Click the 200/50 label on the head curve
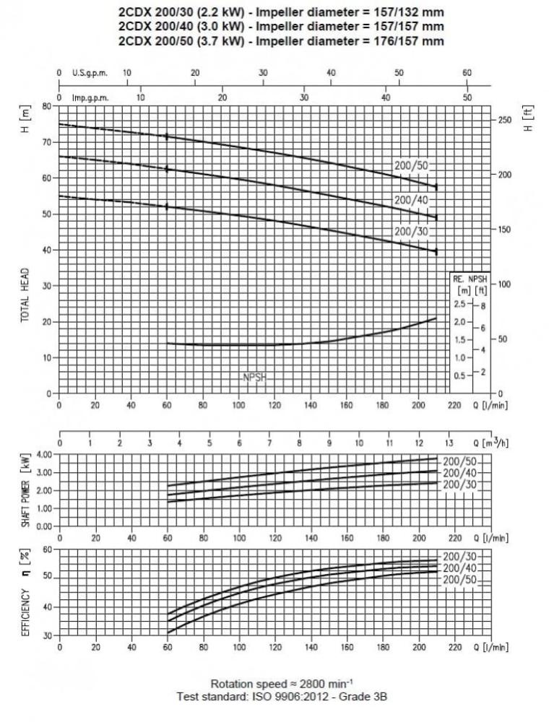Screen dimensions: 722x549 tap(411, 165)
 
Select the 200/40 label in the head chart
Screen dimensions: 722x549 tap(411, 199)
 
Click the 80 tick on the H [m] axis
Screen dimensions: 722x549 tap(48, 106)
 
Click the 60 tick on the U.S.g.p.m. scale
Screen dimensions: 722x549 tap(467, 73)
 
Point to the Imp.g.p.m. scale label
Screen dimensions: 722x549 tap(90, 97)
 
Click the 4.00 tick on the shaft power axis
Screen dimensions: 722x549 tap(43, 454)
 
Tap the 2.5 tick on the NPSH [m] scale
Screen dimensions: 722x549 tap(458, 304)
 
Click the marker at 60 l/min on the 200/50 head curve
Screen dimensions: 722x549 tap(167, 136)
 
